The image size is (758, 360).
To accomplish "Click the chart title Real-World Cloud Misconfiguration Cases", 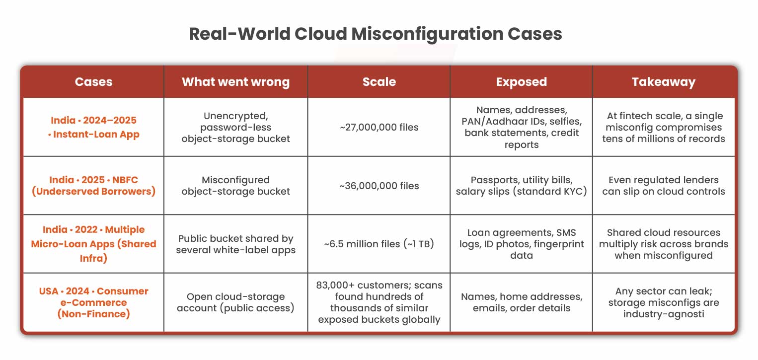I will (376, 34).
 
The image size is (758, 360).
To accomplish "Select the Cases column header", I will (93, 82).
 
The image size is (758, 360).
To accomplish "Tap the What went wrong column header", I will (235, 82).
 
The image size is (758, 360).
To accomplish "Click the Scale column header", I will (379, 82).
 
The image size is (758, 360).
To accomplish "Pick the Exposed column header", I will (521, 82).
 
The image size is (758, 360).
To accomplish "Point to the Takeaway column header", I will (663, 82).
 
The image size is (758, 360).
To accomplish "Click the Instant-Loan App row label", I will (93, 127).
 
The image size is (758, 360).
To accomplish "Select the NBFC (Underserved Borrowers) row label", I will (93, 186).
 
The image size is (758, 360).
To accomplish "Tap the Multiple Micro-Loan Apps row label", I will (93, 244).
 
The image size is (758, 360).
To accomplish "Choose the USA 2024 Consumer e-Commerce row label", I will (93, 302).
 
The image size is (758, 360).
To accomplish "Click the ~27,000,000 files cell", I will (379, 127).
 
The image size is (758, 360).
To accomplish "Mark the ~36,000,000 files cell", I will (379, 186).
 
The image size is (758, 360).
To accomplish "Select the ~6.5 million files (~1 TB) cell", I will (379, 244).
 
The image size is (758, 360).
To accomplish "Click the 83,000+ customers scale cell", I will (379, 302).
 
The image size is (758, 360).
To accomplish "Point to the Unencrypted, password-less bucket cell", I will (235, 127).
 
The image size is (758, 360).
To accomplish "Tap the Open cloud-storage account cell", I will (235, 302).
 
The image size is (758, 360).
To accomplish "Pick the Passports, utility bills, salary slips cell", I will (521, 186).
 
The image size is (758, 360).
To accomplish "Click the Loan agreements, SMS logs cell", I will (521, 244).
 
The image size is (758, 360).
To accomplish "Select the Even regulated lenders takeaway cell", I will (663, 186).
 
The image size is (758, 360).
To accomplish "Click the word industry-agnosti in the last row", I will (663, 314).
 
